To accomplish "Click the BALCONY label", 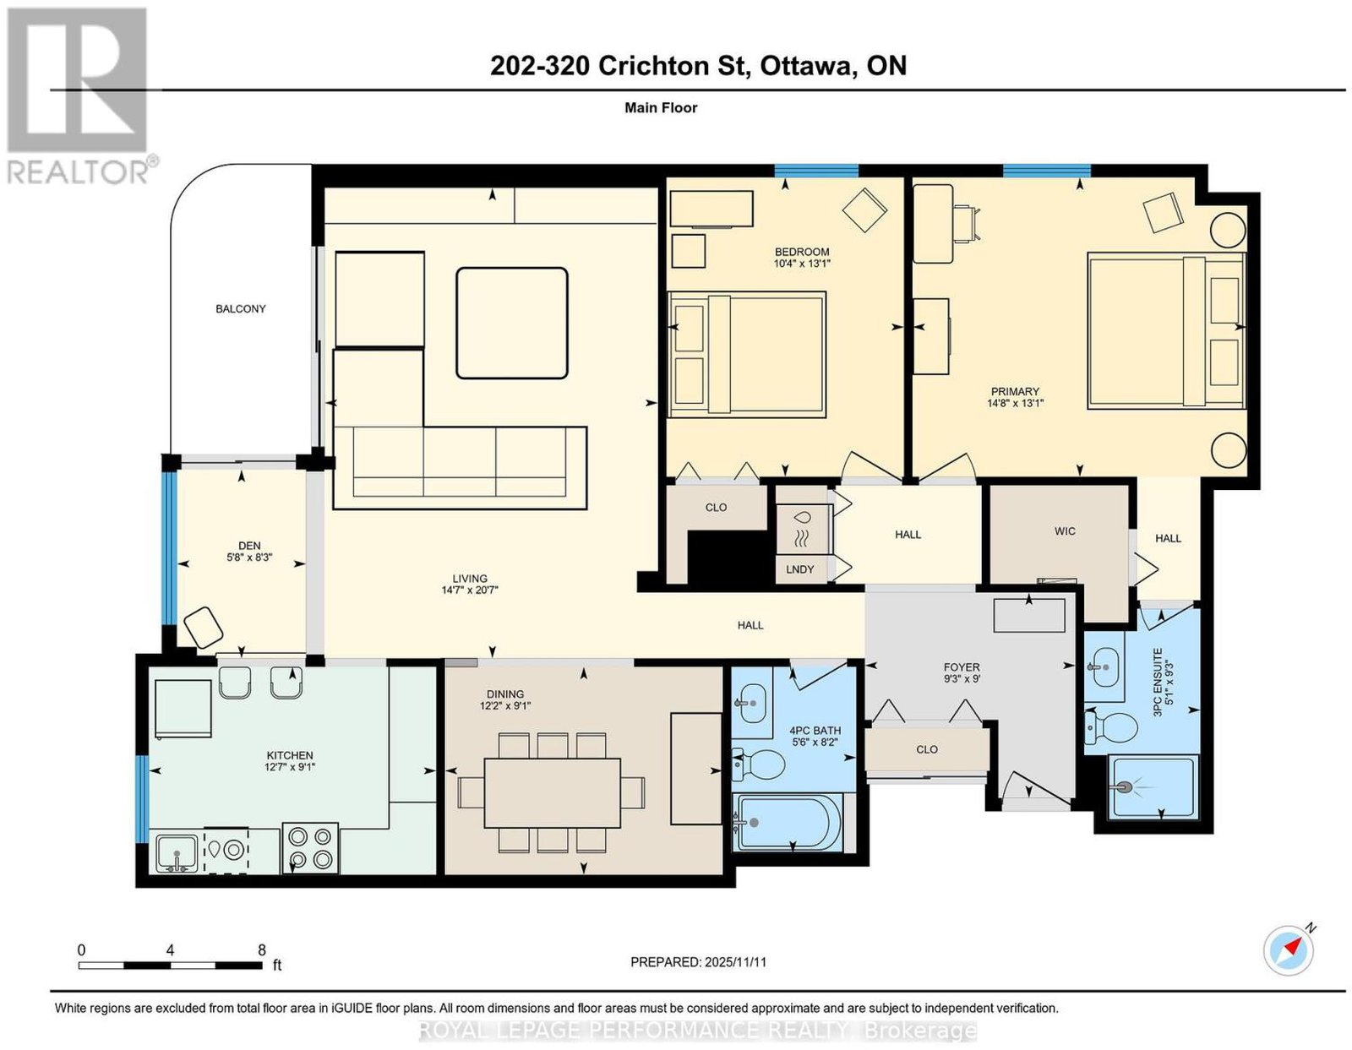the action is point(240,309).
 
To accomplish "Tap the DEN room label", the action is point(249,546).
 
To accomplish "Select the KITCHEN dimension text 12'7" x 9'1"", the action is point(290,767).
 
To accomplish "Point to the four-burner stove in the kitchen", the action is point(310,849).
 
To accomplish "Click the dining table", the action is point(552,792).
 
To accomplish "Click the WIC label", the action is point(1065,531).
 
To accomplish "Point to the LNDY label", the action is point(799,569).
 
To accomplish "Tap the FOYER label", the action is point(962,667).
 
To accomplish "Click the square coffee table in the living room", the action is point(511,323).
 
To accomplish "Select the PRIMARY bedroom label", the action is point(1015,392).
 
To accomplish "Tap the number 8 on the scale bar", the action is point(262,950).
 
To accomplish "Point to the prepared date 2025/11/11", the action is point(735,962).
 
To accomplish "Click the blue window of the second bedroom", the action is point(816,171).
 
